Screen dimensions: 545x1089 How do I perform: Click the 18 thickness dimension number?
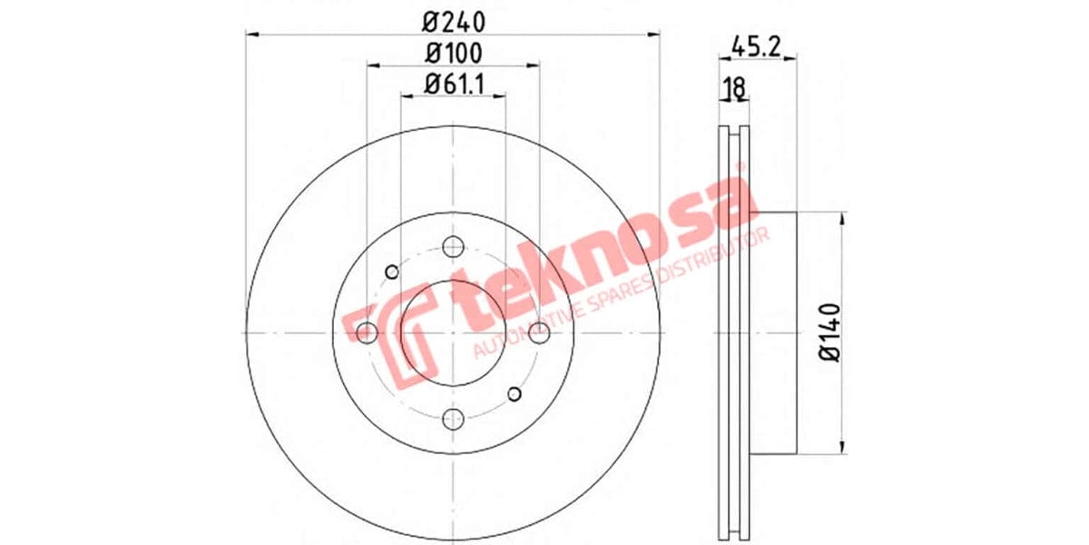coord(733,87)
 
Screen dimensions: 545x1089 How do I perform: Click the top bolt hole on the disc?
coord(453,245)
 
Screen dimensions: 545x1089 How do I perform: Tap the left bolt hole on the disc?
coord(366,332)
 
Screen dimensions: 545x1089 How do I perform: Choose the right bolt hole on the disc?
coord(539,332)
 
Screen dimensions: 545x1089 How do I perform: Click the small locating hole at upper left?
coord(392,272)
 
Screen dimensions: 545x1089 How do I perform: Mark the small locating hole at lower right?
coord(514,393)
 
